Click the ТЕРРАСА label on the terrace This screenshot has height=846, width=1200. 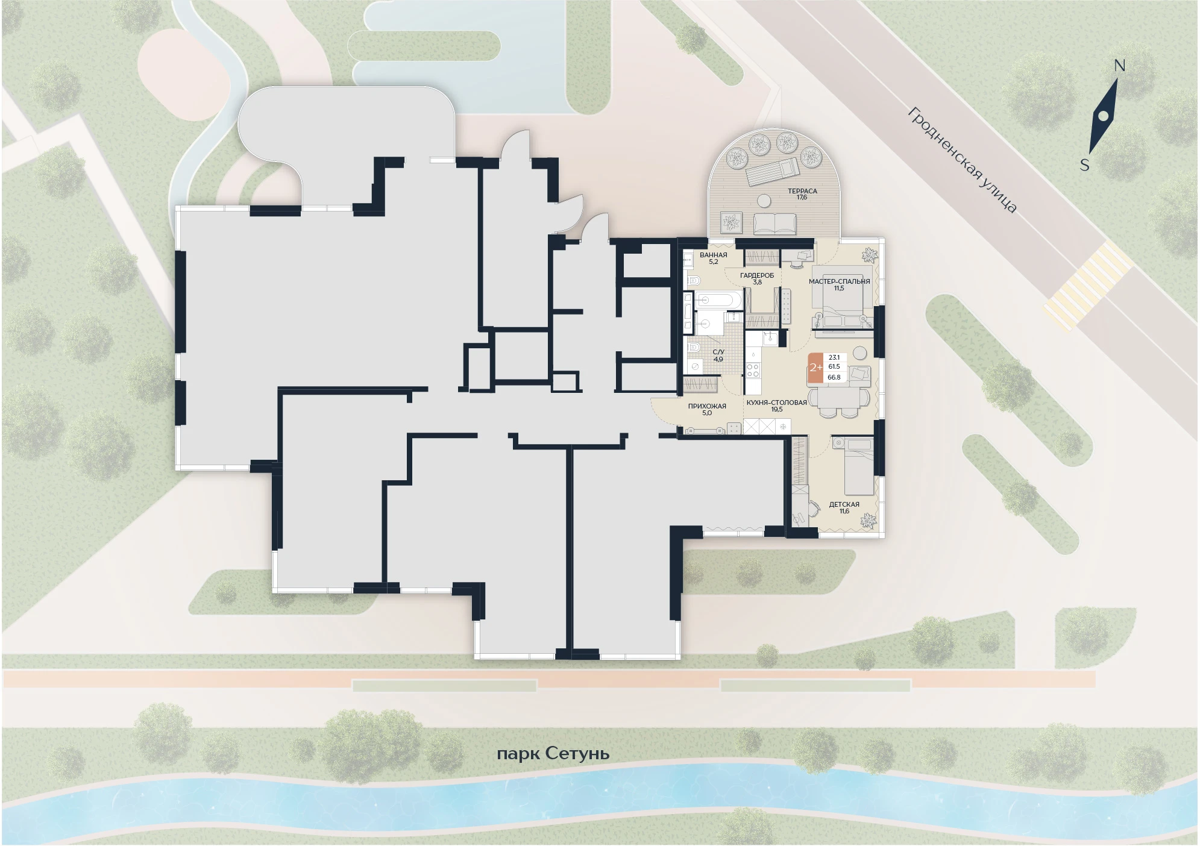[x=802, y=191]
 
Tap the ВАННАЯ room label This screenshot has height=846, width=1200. [x=714, y=255]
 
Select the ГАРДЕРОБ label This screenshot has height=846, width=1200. [x=757, y=275]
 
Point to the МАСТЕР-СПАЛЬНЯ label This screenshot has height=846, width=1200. [x=839, y=281]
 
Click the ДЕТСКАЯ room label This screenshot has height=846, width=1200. [x=844, y=504]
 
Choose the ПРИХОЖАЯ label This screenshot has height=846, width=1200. [x=707, y=406]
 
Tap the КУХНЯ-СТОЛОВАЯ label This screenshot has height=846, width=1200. [x=776, y=403]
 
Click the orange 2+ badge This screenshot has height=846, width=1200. [x=815, y=368]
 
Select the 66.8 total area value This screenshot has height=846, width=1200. [x=834, y=377]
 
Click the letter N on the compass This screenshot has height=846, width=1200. [x=1119, y=66]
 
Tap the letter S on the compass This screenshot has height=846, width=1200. [x=1084, y=164]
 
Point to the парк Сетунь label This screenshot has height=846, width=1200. [x=553, y=754]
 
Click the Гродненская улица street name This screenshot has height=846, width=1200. [x=963, y=160]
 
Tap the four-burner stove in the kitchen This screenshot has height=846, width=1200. [x=753, y=370]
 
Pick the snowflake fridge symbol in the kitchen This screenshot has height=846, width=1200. [x=783, y=427]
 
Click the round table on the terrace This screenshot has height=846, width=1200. [x=764, y=201]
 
